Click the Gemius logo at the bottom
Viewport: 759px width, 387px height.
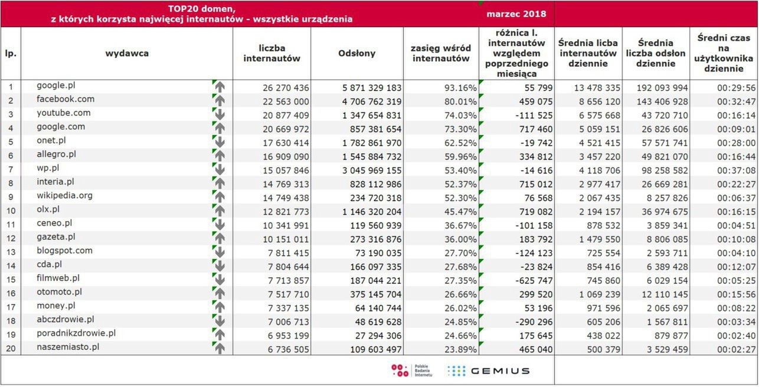coord(488,371)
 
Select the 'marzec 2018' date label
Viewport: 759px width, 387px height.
coord(516,14)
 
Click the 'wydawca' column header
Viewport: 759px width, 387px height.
coord(127,54)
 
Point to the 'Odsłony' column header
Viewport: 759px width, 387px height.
coord(356,54)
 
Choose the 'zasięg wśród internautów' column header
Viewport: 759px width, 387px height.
coord(440,54)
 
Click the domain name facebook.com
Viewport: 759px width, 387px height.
coord(66,99)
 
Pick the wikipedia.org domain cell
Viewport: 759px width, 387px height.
coord(64,195)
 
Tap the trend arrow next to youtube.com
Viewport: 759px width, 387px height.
coord(220,114)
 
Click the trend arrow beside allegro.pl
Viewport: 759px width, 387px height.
coord(220,155)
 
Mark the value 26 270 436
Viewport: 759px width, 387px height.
coord(286,87)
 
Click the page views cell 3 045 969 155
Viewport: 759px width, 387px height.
coord(372,169)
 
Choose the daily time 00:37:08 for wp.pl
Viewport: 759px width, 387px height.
coord(735,169)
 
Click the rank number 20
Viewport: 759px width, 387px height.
coord(10,348)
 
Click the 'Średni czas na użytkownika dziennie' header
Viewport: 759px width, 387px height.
coord(724,53)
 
